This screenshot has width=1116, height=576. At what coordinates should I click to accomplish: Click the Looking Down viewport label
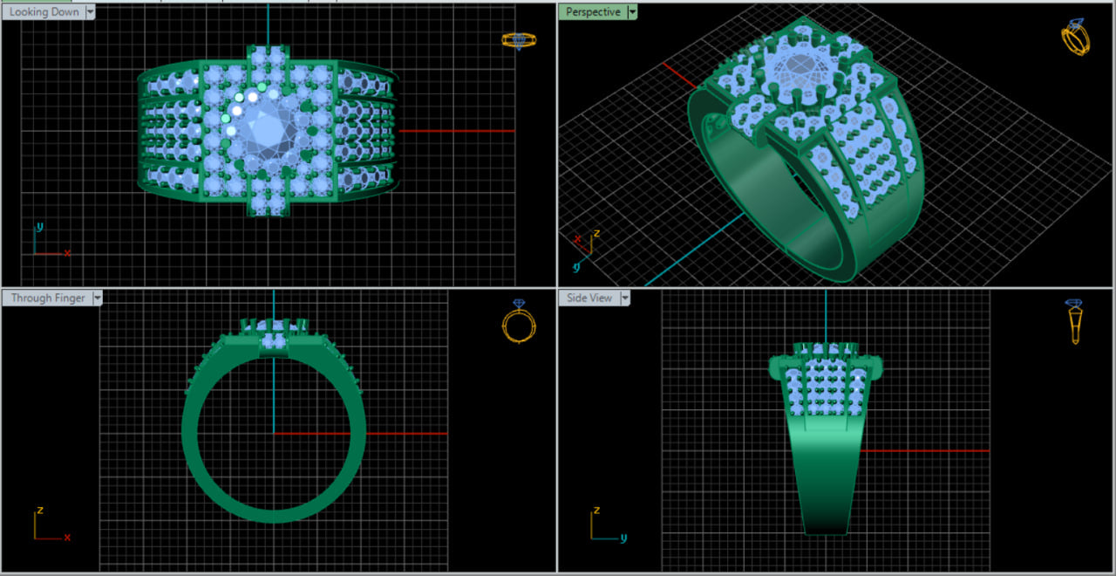coord(44,12)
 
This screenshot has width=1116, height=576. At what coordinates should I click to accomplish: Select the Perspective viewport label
coord(593,12)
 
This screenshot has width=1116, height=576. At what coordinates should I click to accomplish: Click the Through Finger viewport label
coord(48,298)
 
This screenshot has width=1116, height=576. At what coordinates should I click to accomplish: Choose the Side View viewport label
coord(589,298)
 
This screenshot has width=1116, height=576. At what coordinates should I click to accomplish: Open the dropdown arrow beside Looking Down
coord(91,12)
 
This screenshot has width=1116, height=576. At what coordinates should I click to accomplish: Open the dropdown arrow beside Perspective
coord(632,12)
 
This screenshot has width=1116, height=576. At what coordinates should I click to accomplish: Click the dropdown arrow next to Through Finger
coord(98,298)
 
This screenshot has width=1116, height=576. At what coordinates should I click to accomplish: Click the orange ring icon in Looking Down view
coord(519,40)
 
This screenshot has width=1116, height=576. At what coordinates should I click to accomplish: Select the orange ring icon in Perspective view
coord(1075,38)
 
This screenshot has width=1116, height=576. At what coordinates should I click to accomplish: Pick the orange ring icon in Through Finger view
coord(519,321)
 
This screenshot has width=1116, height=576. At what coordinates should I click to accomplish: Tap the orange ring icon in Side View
coord(1075,321)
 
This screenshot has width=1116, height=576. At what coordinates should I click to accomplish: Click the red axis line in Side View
coord(924,450)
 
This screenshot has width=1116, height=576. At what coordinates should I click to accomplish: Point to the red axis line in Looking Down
coord(453,131)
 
